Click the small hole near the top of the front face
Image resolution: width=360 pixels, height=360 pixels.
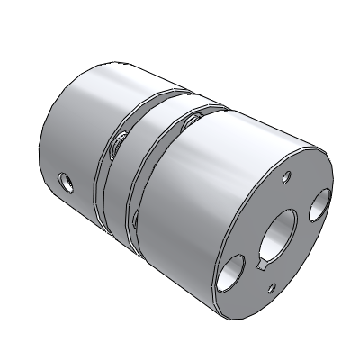(x=287, y=176)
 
